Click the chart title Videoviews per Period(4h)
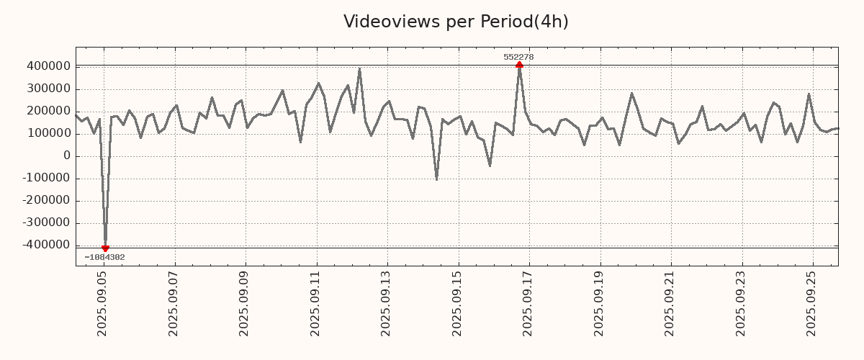pos(456,22)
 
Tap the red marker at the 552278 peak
pos(519,65)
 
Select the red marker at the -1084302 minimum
pos(105,248)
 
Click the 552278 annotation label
pos(518,57)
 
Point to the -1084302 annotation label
pos(104,257)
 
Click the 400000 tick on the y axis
pos(48,66)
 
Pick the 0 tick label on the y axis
pos(67,156)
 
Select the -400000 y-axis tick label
pos(45,245)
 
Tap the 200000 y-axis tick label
pos(48,111)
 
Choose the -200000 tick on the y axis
pos(45,200)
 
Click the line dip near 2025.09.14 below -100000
pos(436,179)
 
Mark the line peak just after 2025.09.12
pos(359,69)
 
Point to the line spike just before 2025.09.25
pos(809,94)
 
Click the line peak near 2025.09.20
pos(631,93)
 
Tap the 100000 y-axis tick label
pos(48,133)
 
